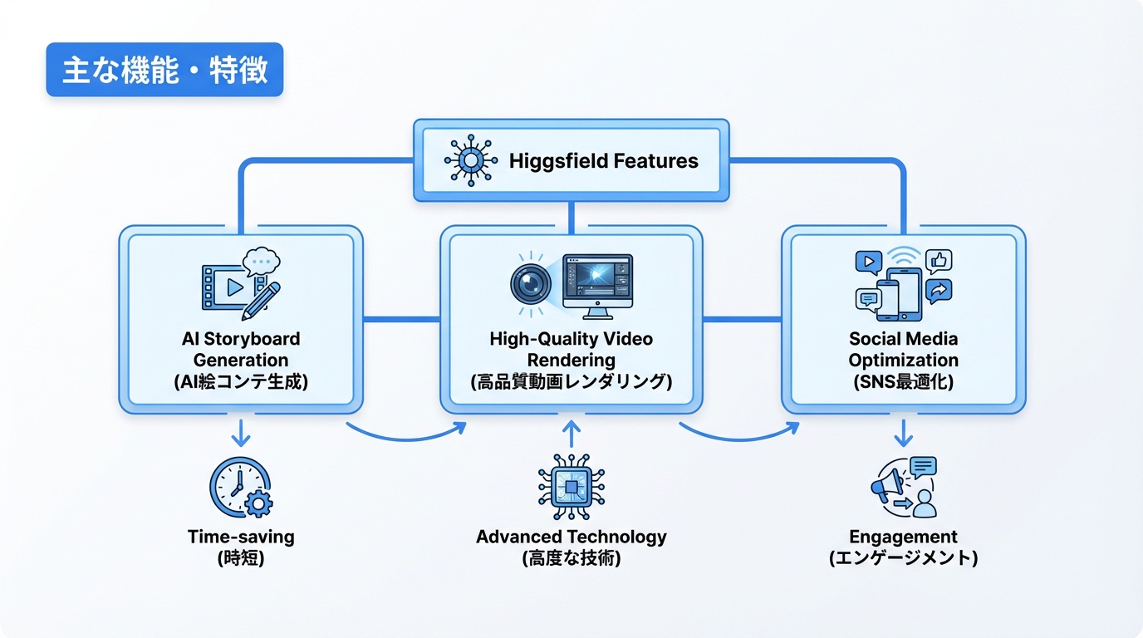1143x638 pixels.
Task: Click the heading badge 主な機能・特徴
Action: pos(164,70)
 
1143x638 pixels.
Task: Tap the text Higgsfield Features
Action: pos(603,160)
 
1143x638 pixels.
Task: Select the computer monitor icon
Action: pos(597,285)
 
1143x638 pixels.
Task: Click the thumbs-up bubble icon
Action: pos(939,262)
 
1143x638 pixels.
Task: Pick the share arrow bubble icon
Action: pos(939,291)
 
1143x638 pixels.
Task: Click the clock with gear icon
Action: pos(241,488)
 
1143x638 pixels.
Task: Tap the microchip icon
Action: pos(571,487)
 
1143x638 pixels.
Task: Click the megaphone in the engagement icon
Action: pos(885,487)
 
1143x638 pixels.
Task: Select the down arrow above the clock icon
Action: pos(241,433)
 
